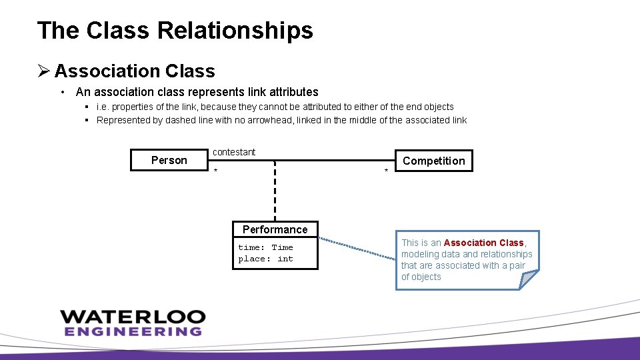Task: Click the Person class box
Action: pyautogui.click(x=169, y=160)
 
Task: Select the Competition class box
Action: pyautogui.click(x=433, y=161)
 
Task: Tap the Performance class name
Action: pyautogui.click(x=275, y=229)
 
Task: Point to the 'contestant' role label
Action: pyautogui.click(x=234, y=152)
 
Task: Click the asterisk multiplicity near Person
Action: pyautogui.click(x=215, y=171)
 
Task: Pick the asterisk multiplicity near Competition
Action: pyautogui.click(x=386, y=172)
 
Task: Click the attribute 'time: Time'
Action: pyautogui.click(x=265, y=247)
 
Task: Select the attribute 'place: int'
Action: pyautogui.click(x=265, y=259)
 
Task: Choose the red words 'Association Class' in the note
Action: pyautogui.click(x=483, y=243)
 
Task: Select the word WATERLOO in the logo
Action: pyautogui.click(x=133, y=317)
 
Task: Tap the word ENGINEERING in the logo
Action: pyautogui.click(x=133, y=331)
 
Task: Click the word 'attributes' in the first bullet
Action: pyautogui.click(x=293, y=92)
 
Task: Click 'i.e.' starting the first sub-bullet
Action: pyautogui.click(x=103, y=107)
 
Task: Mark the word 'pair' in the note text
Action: pyautogui.click(x=517, y=265)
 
